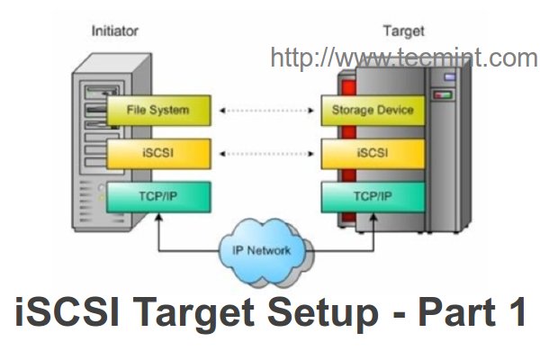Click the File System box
158,111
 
